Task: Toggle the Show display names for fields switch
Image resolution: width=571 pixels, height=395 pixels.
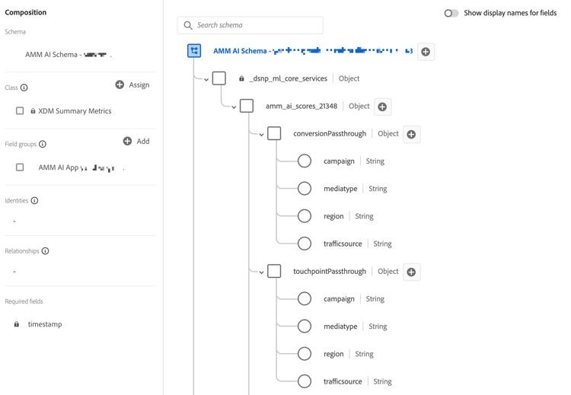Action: [451, 13]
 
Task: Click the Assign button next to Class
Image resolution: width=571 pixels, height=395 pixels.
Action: [132, 84]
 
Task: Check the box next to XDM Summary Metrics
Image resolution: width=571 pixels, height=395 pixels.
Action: [20, 111]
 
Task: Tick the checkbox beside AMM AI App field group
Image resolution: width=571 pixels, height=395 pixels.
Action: [20, 167]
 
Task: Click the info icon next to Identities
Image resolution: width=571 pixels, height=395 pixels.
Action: [34, 201]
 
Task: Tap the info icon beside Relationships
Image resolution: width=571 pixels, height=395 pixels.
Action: [45, 251]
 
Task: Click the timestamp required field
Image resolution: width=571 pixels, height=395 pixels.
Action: [44, 324]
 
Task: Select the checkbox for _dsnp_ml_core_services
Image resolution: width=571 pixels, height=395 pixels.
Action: [219, 78]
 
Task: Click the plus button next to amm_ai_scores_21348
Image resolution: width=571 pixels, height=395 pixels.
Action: [382, 107]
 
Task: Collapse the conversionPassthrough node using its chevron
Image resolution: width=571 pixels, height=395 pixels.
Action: [261, 135]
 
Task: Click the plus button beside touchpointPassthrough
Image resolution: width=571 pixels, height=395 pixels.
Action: [411, 272]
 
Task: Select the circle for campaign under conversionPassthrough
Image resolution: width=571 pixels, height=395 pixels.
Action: [305, 161]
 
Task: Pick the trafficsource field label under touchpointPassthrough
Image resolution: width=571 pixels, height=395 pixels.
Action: [343, 381]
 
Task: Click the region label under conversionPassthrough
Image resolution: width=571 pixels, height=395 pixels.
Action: [333, 216]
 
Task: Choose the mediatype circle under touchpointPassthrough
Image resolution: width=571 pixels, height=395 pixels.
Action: [305, 327]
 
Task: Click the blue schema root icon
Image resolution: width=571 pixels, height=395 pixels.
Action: [194, 51]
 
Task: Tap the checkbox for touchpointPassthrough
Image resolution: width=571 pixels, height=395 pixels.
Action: [274, 272]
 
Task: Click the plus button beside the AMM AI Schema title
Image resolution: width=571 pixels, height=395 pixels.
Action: [426, 52]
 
